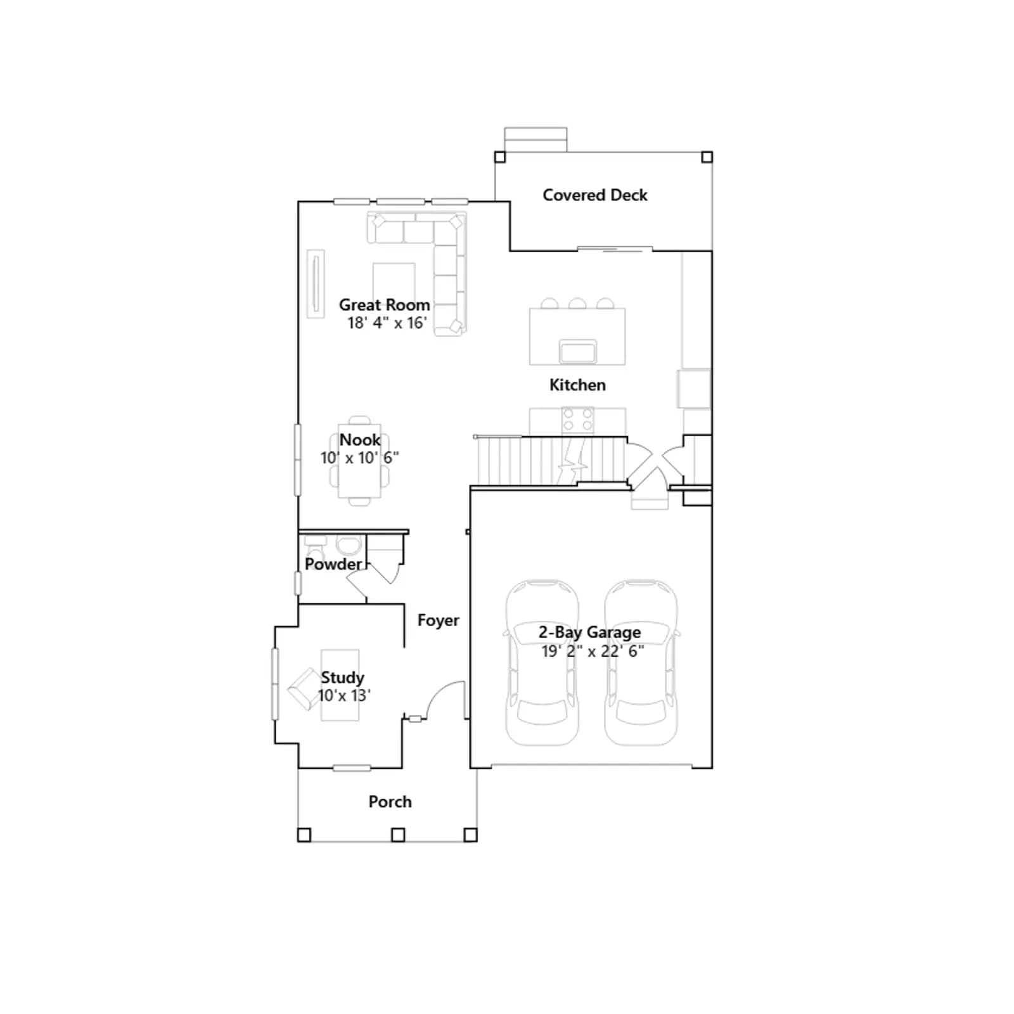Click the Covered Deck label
point(595,195)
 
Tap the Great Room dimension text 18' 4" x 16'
point(387,323)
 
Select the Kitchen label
point(577,385)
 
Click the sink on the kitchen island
point(577,351)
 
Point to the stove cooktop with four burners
point(577,420)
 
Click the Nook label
point(360,440)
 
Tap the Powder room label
point(333,564)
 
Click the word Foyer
point(439,620)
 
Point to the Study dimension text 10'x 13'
point(344,695)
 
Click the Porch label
point(390,802)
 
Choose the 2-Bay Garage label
point(589,632)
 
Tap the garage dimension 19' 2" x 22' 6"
point(593,651)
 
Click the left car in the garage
point(542,662)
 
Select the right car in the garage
point(641,662)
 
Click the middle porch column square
point(398,835)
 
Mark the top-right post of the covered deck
point(707,157)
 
